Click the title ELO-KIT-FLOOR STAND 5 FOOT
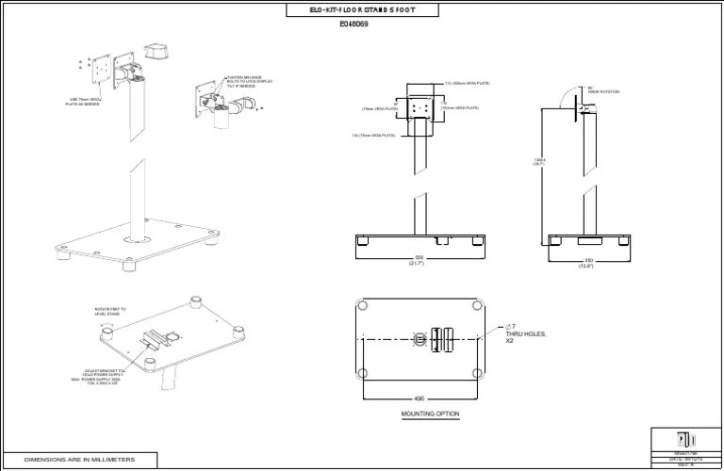click(361, 10)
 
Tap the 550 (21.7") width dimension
click(419, 261)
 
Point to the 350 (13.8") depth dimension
click(587, 263)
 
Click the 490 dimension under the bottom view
click(420, 398)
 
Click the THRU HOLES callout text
click(526, 333)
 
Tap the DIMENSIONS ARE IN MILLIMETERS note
click(79, 460)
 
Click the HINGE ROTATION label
click(603, 91)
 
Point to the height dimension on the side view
click(540, 161)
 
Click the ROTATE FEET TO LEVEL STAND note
click(109, 311)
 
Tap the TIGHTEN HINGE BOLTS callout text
click(250, 83)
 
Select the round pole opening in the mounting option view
click(419, 337)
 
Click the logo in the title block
click(685, 440)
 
